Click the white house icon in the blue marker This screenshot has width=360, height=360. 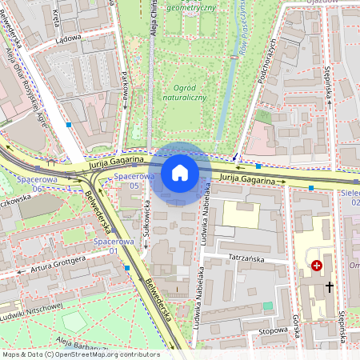pos(180,172)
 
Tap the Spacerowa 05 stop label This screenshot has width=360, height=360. pos(133,180)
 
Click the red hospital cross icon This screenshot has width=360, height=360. pos(317,265)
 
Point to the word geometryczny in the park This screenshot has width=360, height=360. pos(191,7)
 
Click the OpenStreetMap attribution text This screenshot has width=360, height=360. pos(80,354)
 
